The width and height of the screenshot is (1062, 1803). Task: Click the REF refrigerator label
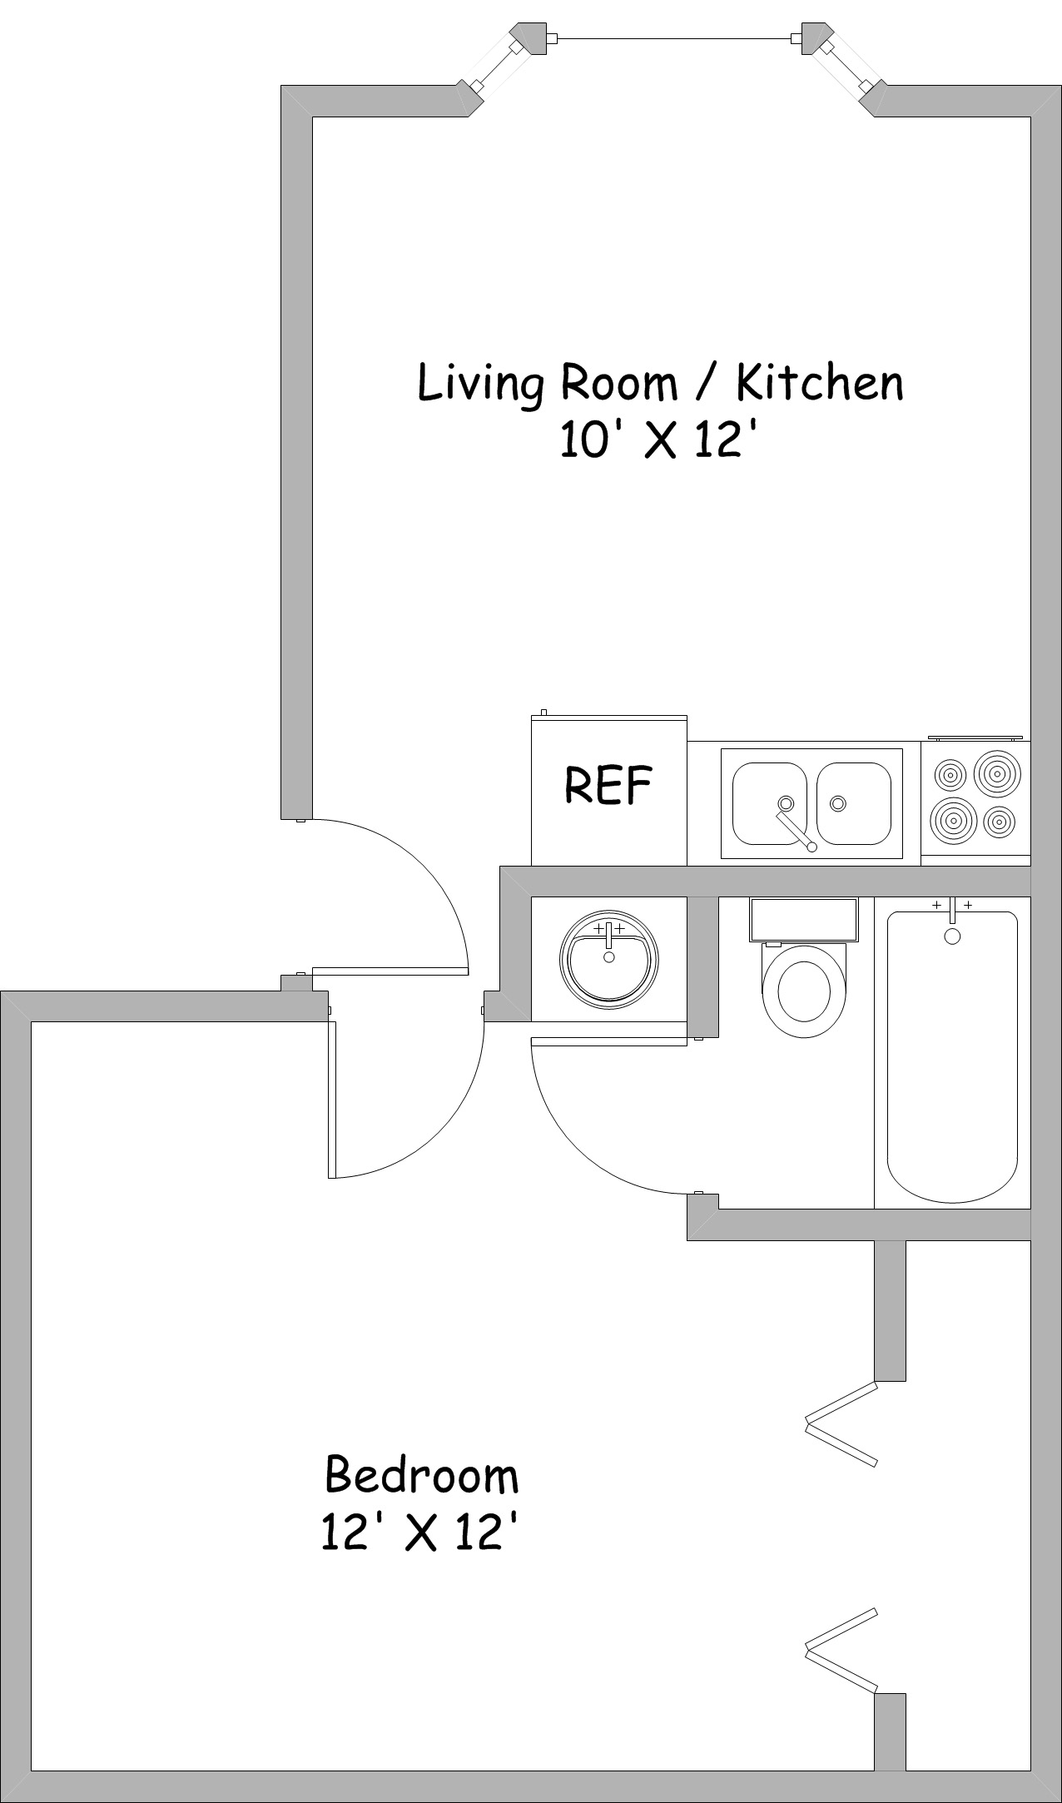tap(608, 784)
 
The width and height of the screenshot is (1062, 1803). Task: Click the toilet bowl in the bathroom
tap(803, 991)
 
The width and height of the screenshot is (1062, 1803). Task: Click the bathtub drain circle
tap(952, 936)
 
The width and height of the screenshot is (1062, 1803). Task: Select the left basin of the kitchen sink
tap(769, 803)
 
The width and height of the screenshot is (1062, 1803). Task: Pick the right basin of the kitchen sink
tap(854, 803)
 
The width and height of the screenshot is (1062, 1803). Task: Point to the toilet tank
tap(803, 920)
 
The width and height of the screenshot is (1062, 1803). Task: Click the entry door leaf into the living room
tap(390, 971)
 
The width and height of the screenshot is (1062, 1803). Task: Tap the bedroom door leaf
tap(332, 1100)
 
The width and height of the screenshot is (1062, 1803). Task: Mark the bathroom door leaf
tap(609, 1041)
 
